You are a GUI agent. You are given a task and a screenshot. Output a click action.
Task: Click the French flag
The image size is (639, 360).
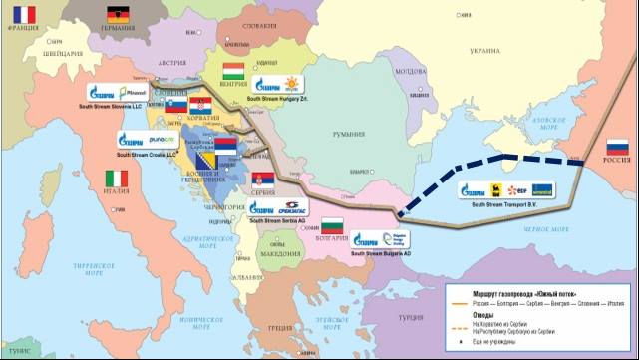(20, 14)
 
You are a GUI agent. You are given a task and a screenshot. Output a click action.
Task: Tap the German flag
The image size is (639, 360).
(119, 15)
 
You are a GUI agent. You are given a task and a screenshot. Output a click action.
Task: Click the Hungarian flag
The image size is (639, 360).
(232, 72)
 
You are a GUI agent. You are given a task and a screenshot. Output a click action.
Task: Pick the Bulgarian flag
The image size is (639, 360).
(330, 223)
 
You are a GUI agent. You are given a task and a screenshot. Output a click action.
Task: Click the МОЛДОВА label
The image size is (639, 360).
(411, 73)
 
